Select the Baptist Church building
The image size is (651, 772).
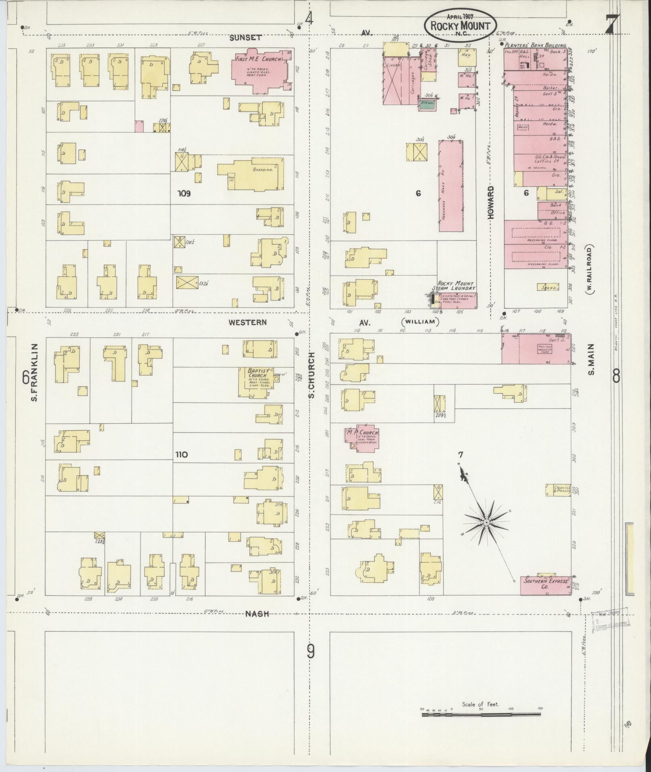click(257, 382)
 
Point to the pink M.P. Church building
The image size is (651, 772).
click(360, 437)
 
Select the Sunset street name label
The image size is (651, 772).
click(246, 38)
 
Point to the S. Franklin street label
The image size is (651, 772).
click(35, 372)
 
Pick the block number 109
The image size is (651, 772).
click(184, 193)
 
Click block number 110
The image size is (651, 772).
click(181, 455)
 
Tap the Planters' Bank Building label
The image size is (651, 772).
click(535, 46)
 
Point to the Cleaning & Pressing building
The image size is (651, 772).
click(559, 490)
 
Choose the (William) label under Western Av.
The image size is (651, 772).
click(420, 322)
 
